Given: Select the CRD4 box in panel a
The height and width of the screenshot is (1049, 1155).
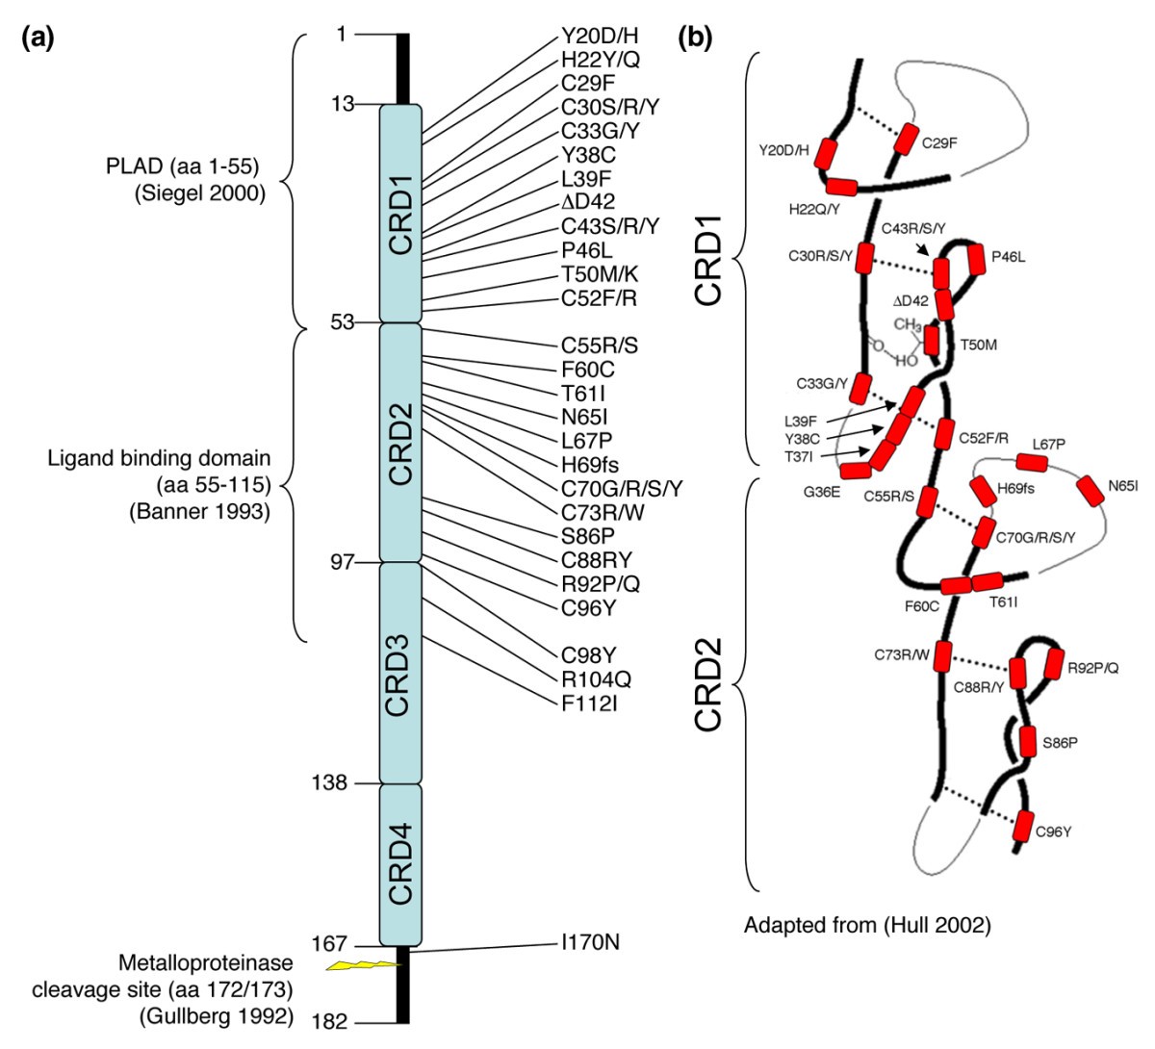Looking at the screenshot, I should [x=400, y=864].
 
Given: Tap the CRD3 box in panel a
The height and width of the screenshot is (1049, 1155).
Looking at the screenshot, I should [x=400, y=673].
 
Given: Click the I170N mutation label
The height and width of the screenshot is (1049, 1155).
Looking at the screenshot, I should [x=590, y=942].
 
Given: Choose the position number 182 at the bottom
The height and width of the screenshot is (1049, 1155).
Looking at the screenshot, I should [x=329, y=1022].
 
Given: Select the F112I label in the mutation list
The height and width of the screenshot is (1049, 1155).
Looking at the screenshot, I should [x=589, y=704].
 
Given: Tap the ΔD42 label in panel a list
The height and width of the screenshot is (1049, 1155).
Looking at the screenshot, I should [x=588, y=202].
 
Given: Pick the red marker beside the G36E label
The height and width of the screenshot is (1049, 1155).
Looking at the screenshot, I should [x=855, y=471].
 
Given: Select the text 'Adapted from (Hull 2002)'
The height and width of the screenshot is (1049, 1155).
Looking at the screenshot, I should [x=867, y=927].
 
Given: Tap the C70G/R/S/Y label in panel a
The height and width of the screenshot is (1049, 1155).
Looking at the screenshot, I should [x=622, y=489].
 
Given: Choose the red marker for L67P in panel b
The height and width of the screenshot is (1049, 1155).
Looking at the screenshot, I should [x=1031, y=463].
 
